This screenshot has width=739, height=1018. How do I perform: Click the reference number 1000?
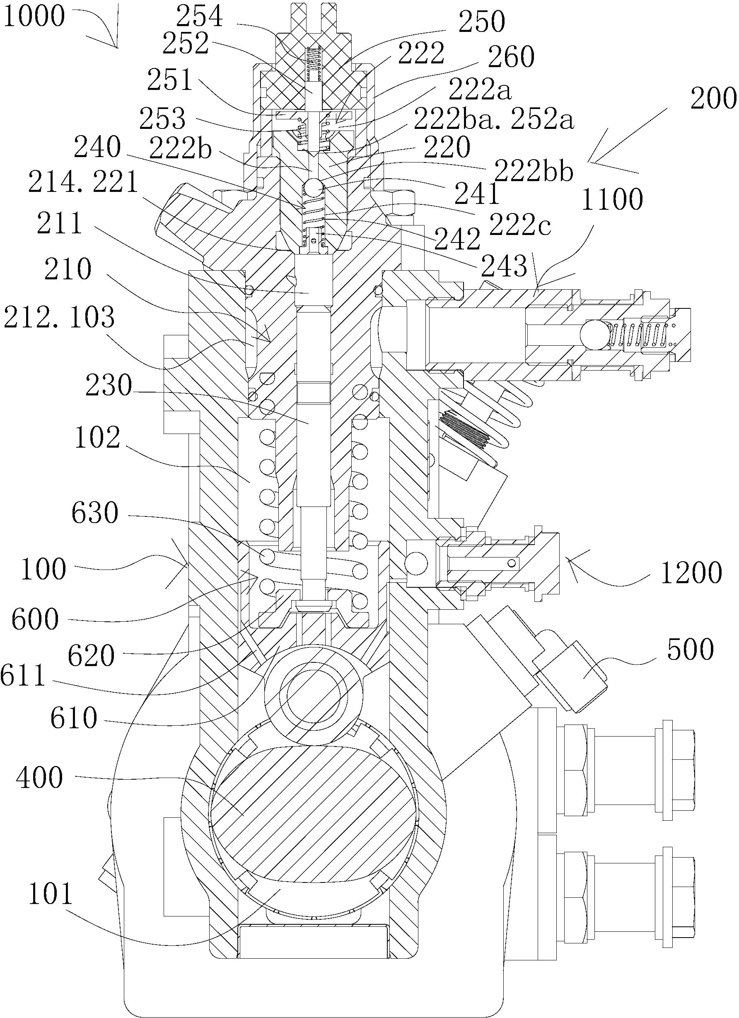tap(34, 16)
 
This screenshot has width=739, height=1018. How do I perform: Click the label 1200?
tap(691, 573)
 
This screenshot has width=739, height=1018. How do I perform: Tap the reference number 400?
tap(39, 778)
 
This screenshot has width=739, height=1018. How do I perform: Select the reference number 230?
tap(109, 385)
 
